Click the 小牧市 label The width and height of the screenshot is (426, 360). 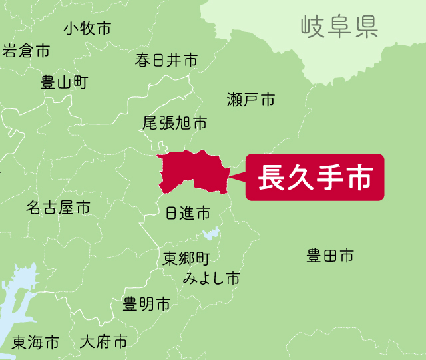(87, 29)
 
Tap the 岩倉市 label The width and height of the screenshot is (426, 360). (26, 51)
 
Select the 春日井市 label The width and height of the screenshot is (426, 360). (166, 61)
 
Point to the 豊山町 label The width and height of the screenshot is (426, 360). (64, 83)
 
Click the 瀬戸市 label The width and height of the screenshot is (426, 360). (250, 100)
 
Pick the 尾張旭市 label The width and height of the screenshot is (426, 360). (174, 124)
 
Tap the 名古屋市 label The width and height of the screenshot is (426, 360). (58, 208)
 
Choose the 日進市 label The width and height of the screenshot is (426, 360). (187, 213)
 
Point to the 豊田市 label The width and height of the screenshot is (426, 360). (329, 256)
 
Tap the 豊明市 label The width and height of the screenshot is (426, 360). (146, 305)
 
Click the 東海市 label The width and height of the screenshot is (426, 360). (35, 343)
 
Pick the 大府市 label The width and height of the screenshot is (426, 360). (103, 343)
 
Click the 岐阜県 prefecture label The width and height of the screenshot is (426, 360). (339, 27)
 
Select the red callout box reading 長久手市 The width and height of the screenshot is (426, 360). (315, 178)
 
